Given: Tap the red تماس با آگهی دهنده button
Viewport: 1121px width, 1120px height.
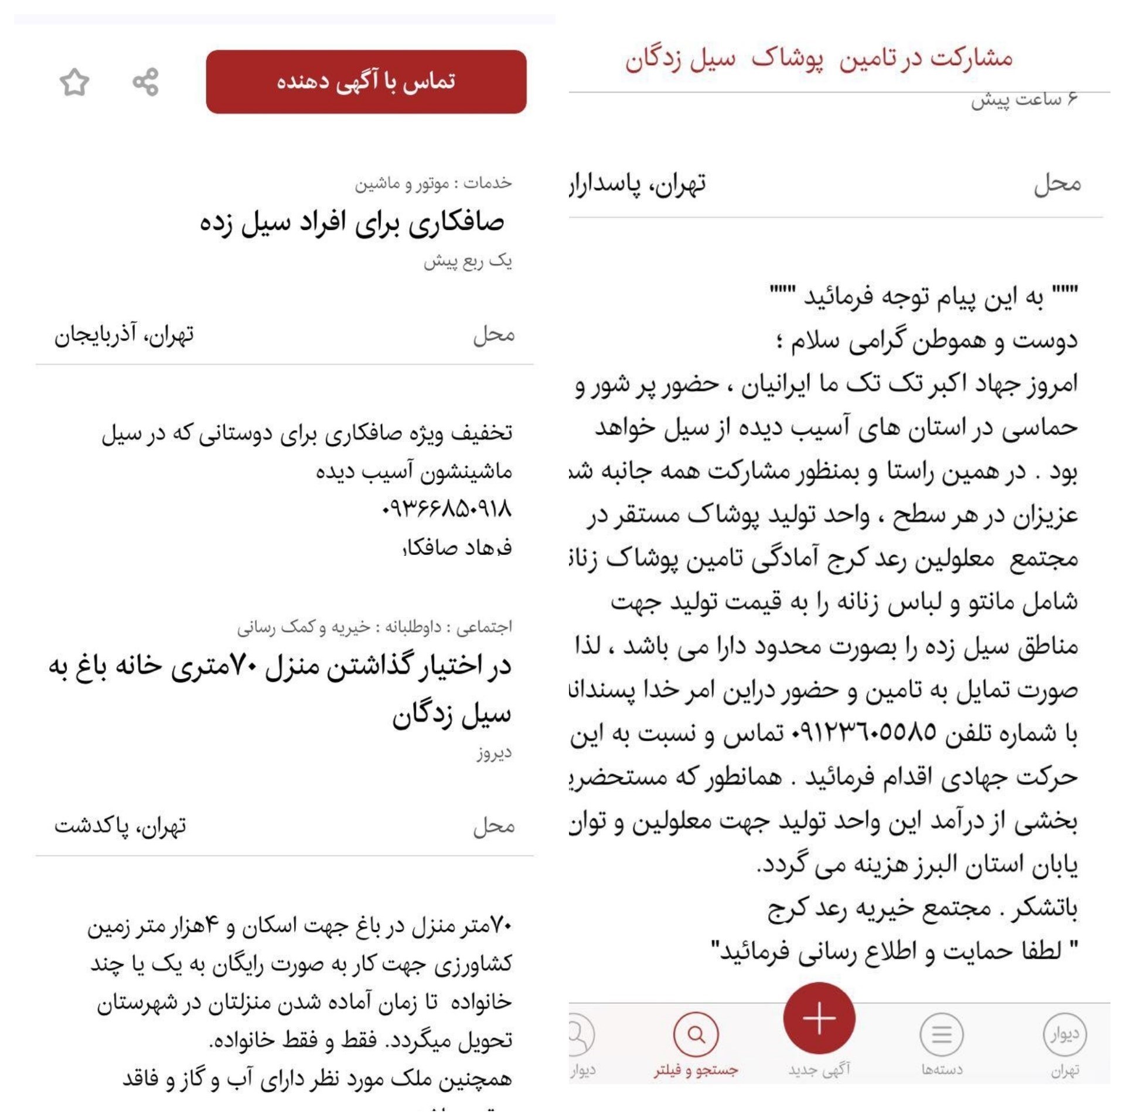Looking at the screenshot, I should tap(366, 82).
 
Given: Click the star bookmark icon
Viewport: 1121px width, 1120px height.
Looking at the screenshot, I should tap(74, 82).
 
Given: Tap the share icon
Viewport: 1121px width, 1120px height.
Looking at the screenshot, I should tap(145, 82).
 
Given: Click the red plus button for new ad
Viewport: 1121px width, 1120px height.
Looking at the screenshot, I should tap(819, 1018).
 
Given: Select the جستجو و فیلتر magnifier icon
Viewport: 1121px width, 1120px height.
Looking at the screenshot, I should tap(696, 1034).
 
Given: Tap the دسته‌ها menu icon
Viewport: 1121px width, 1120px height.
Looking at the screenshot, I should tap(941, 1034).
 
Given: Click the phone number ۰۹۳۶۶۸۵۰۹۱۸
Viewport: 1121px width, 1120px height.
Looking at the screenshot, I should tap(447, 509).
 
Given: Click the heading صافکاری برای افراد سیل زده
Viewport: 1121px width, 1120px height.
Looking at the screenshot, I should tap(352, 223).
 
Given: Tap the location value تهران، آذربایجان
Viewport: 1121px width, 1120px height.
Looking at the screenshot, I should tap(124, 335).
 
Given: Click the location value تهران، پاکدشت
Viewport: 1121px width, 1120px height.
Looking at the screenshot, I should tap(120, 826).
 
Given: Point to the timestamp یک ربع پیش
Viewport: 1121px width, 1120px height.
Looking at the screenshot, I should tap(468, 262).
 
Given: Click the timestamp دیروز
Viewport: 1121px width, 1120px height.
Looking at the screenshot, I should tap(494, 753).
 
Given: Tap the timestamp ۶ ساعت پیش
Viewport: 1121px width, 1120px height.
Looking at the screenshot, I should tap(1024, 101).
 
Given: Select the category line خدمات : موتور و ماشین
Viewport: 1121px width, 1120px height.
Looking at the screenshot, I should tap(433, 184).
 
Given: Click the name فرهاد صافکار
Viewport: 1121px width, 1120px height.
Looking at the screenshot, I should tap(457, 548).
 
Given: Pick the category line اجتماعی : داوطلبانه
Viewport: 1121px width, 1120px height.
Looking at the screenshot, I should tap(374, 627).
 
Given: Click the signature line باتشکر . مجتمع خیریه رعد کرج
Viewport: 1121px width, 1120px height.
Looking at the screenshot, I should tap(922, 908).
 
